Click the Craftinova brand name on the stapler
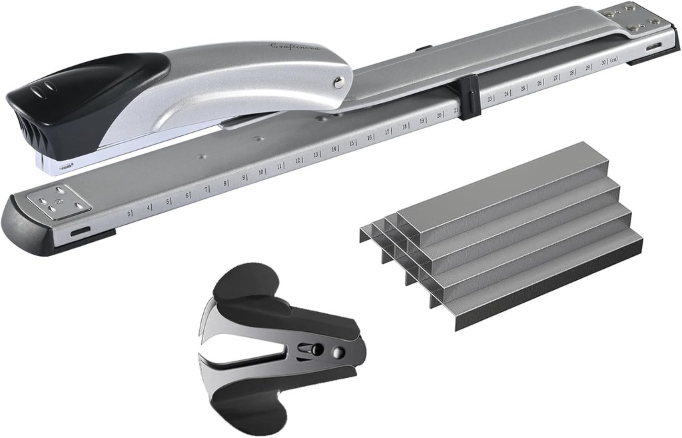294,47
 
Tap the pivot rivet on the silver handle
339,82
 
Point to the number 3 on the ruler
128,213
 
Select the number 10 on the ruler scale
261,171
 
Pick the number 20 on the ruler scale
439,115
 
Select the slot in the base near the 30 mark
653,47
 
